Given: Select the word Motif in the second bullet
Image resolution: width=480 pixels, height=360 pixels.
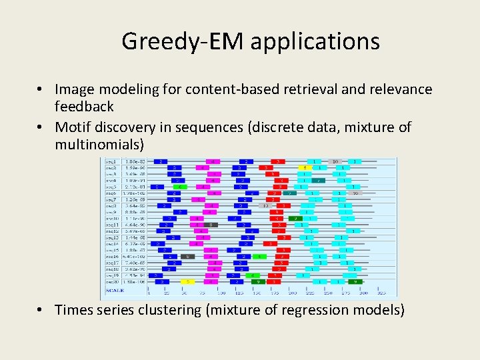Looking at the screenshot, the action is (x=75, y=127).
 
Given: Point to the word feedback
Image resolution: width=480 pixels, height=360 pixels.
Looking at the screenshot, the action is (x=84, y=106).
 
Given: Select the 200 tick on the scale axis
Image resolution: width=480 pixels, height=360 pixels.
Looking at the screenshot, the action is (x=292, y=293).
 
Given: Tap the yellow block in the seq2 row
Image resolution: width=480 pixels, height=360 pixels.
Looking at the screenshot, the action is (x=303, y=167).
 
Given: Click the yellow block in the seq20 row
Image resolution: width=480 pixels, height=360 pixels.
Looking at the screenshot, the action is (x=189, y=281).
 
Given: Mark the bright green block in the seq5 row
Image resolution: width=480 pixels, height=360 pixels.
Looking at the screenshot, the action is (x=178, y=187).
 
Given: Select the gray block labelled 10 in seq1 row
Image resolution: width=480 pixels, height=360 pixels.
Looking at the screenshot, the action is (x=335, y=161).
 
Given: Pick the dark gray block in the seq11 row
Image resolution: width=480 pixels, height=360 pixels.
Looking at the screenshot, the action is (x=209, y=225).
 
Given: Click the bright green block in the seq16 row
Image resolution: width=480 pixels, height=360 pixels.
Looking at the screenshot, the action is (x=263, y=256).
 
